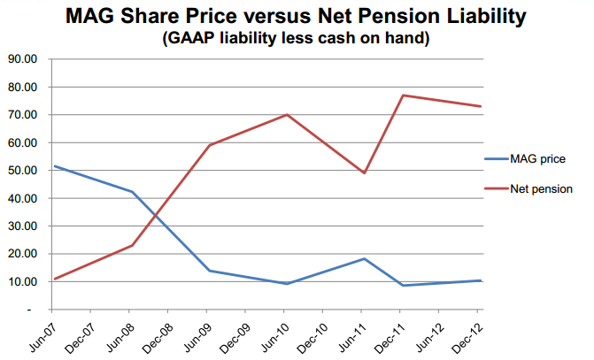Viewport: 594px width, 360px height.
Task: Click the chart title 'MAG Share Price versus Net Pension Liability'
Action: point(296,16)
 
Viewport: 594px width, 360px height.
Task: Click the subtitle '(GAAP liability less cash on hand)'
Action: point(296,38)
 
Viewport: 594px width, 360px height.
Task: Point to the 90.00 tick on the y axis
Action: point(22,59)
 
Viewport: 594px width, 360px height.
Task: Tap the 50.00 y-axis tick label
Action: point(22,171)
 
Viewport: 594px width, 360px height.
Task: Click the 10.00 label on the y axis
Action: point(22,281)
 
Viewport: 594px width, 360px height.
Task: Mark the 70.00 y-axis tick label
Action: point(22,115)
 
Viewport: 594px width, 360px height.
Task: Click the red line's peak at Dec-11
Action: point(403,95)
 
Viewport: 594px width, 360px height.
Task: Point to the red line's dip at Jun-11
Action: point(364,173)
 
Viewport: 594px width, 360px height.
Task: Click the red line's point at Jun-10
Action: point(287,114)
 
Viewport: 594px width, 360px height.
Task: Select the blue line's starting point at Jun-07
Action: point(55,166)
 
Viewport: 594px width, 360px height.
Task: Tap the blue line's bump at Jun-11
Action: point(364,259)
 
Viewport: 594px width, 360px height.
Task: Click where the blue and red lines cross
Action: point(156,216)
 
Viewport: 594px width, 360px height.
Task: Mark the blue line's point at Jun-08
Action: point(132,192)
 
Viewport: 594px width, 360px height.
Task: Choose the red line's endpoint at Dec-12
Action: point(481,106)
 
